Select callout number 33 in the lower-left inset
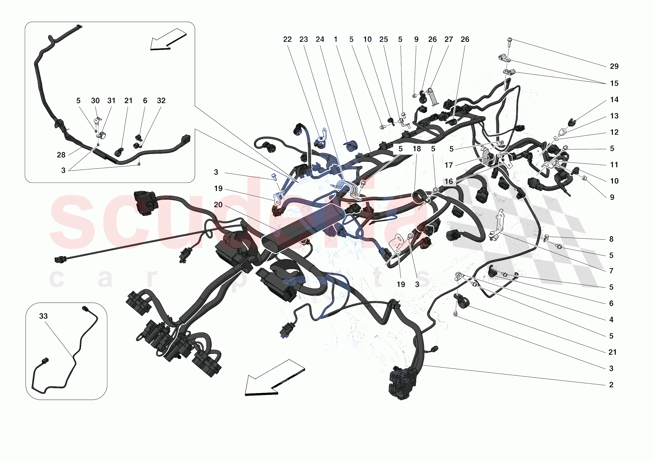pos(43,316)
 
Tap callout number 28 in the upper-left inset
pos(61,155)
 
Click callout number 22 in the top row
pos(287,40)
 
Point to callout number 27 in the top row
pos(449,40)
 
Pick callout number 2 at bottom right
pos(611,385)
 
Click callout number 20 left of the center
pos(218,205)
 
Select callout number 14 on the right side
pos(614,100)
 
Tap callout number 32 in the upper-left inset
pos(161,101)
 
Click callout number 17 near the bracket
pos(449,165)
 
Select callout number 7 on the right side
pos(611,271)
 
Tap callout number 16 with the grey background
pos(449,181)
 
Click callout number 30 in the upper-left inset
pos(95,101)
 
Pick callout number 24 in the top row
pos(320,40)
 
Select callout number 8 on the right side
pos(611,239)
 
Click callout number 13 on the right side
pos(614,116)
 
